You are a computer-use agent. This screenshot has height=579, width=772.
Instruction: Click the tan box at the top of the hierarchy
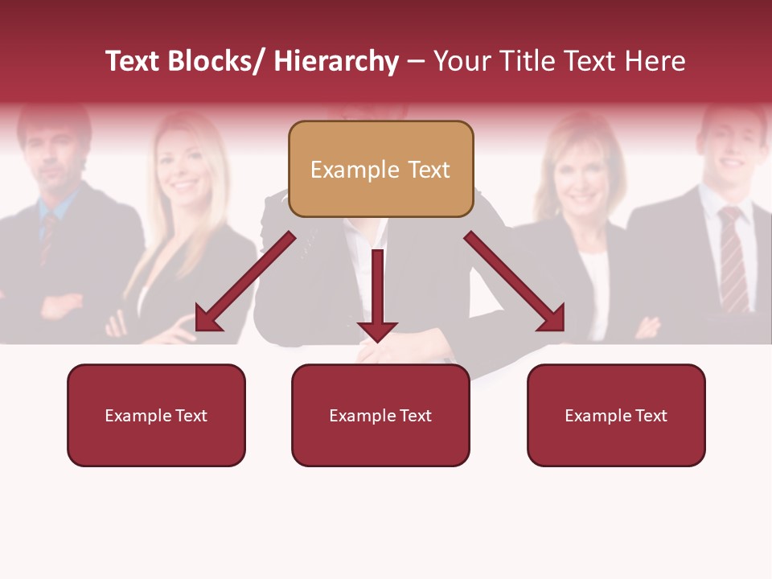[380, 169]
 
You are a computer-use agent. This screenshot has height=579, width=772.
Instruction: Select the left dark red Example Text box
[156, 415]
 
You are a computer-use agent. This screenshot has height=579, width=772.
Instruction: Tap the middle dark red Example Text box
[380, 415]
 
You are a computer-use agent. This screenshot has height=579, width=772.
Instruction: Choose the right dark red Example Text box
[616, 415]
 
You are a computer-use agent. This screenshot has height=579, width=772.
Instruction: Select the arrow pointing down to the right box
[515, 282]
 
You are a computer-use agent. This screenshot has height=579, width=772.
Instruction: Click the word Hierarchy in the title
[336, 61]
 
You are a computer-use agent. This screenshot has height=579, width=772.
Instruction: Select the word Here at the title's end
[655, 61]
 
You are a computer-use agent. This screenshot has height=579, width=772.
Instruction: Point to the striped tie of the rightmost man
[733, 257]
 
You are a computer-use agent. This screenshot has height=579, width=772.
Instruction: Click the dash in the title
[416, 61]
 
